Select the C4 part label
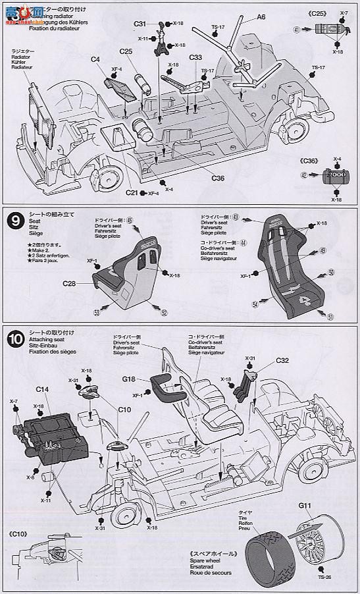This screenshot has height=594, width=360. click(95, 60)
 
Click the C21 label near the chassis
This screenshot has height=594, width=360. click(132, 192)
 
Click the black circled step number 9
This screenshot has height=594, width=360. click(13, 219)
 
